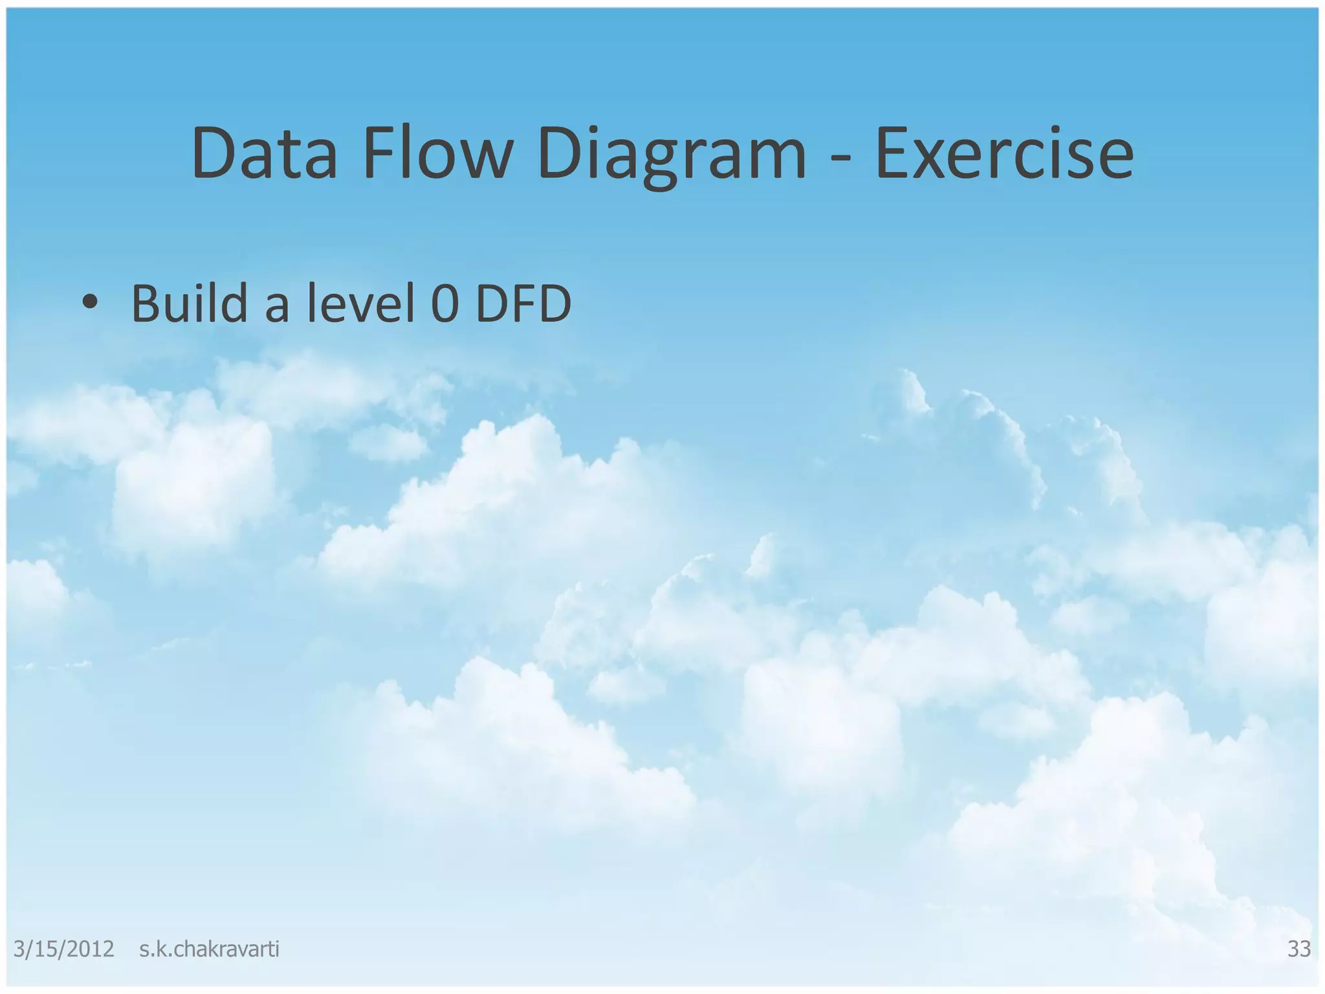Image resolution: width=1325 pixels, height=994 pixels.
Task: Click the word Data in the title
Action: click(x=264, y=154)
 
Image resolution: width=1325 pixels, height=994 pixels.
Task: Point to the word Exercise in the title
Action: click(x=1003, y=154)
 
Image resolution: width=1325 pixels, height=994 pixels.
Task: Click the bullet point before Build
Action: click(x=90, y=302)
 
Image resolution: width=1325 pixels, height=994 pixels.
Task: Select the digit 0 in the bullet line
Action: click(x=444, y=304)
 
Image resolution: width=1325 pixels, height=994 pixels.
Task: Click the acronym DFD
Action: click(x=523, y=304)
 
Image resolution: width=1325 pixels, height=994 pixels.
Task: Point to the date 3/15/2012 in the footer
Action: click(x=63, y=949)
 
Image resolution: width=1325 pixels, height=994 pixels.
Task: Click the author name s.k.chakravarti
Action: click(x=209, y=949)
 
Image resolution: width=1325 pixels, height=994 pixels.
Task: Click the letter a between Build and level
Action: click(x=277, y=307)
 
